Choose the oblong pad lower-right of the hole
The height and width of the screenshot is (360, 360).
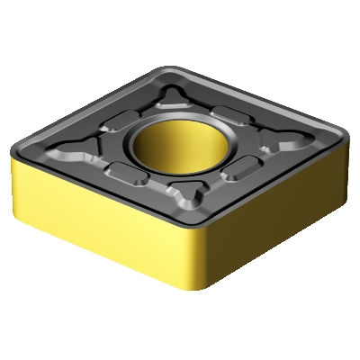pyautogui.click(x=239, y=169)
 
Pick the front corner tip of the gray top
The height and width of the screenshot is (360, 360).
pyautogui.click(x=194, y=230)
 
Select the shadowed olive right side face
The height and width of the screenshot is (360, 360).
pyautogui.click(x=279, y=216)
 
